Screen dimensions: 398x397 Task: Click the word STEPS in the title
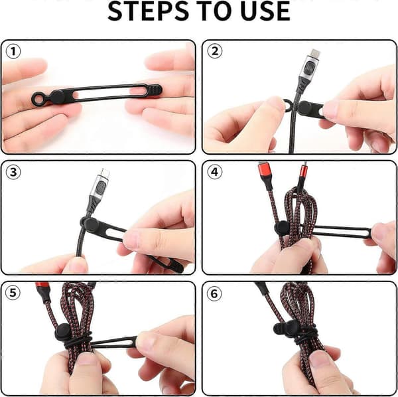coord(148,11)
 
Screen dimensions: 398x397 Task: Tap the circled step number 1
coord(13,52)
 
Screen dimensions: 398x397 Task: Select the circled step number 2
coord(215,51)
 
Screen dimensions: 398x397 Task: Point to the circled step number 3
coord(13,172)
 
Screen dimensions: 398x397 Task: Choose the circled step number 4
coord(215,172)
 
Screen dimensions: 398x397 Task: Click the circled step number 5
coord(13,293)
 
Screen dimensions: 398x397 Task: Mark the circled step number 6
coord(214,293)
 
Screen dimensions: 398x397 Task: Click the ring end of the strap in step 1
coord(38,99)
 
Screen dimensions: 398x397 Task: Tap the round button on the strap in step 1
coord(58,97)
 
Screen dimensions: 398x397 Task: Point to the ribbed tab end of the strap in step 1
coord(155,91)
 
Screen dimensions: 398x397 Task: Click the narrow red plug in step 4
coord(304,171)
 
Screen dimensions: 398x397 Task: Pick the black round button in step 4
coord(283,228)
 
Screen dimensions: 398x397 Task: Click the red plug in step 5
coord(43,289)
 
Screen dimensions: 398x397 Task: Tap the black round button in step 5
coord(63,332)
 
